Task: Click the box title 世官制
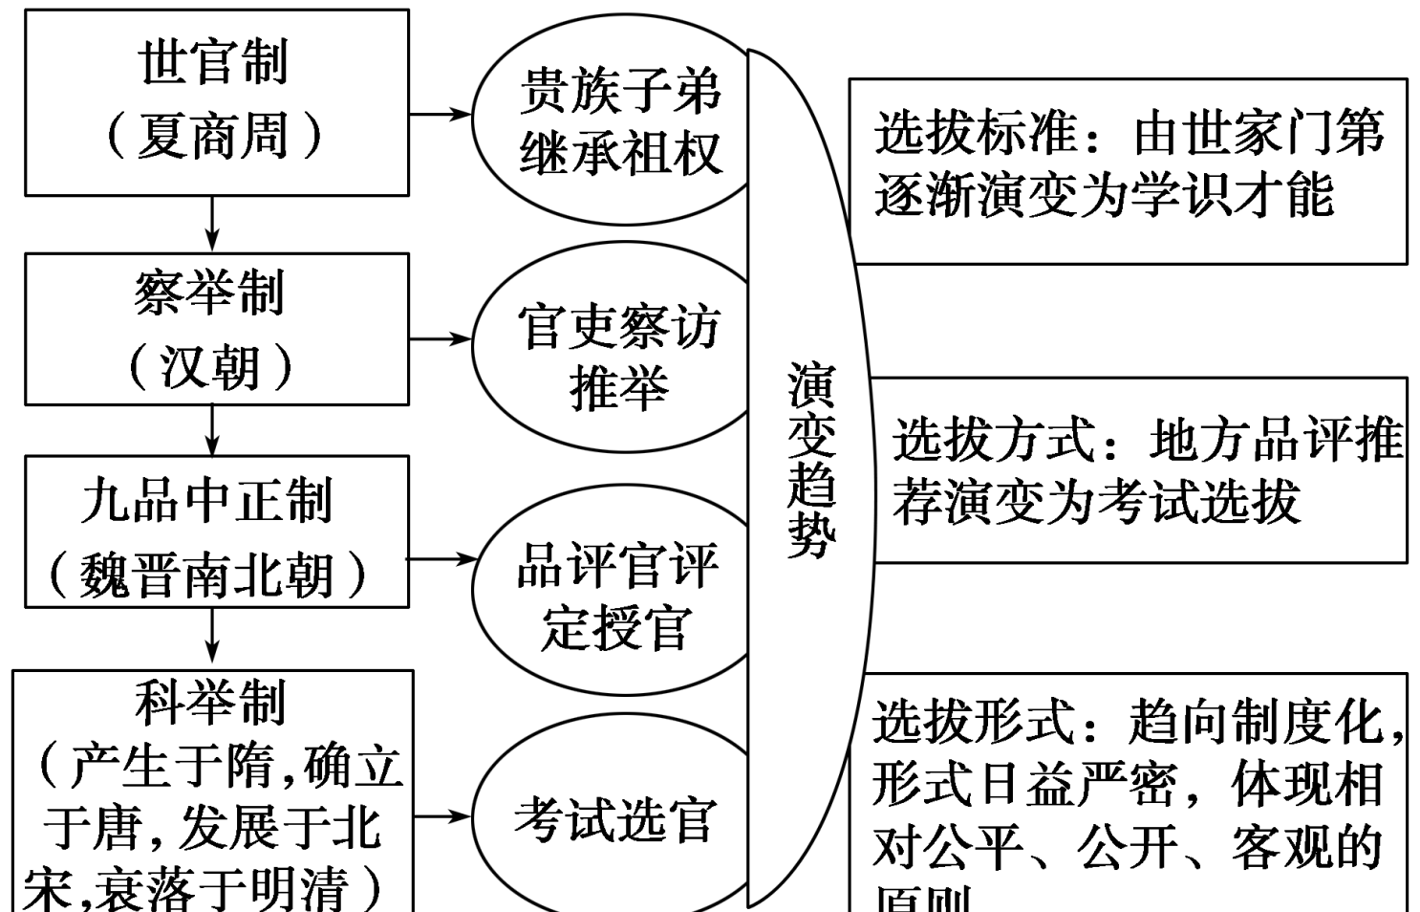click(x=213, y=62)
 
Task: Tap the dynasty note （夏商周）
click(x=213, y=135)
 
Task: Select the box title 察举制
click(x=210, y=293)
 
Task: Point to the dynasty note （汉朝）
click(x=210, y=366)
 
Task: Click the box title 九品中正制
click(x=207, y=501)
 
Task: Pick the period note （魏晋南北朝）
click(x=207, y=575)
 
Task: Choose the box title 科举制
click(x=210, y=703)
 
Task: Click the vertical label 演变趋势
click(x=811, y=459)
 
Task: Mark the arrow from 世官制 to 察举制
click(x=212, y=225)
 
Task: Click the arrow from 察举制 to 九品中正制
click(x=212, y=430)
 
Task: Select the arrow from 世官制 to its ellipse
click(x=441, y=114)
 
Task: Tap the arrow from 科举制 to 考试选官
click(x=442, y=816)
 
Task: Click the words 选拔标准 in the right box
click(x=975, y=132)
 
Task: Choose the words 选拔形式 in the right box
click(x=973, y=722)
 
